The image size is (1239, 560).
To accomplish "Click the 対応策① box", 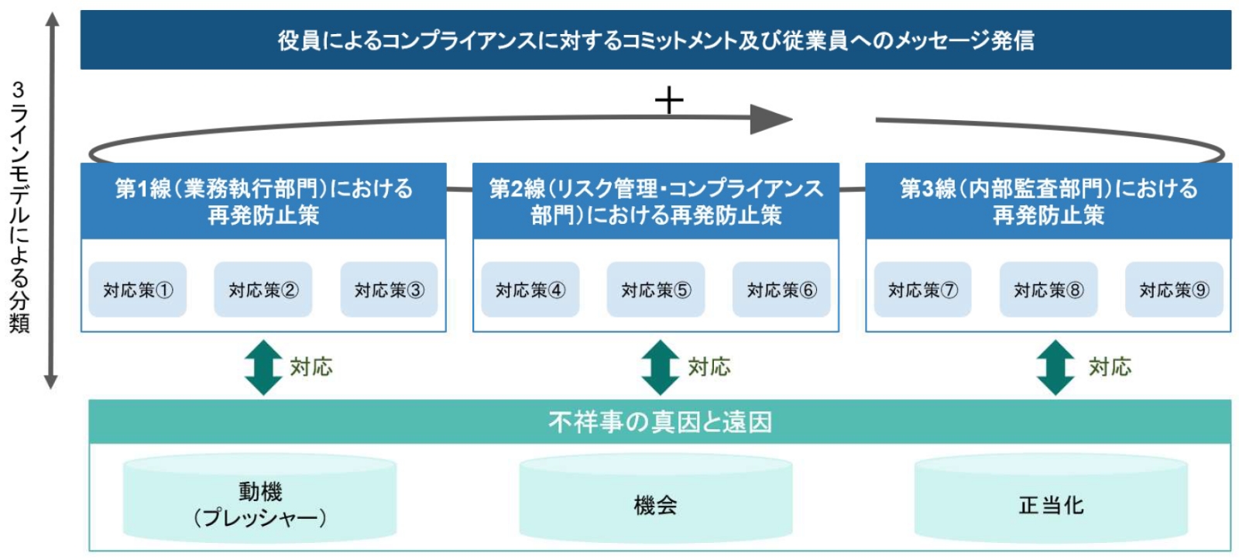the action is pyautogui.click(x=138, y=290).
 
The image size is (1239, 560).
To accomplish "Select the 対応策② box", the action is pyautogui.click(x=263, y=290).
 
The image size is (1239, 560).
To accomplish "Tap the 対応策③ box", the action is pyautogui.click(x=389, y=290).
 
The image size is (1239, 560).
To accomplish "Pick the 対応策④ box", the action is pyautogui.click(x=530, y=290).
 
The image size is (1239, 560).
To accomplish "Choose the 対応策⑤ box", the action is pyautogui.click(x=656, y=290).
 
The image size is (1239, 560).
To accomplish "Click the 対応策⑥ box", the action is pyautogui.click(x=781, y=290).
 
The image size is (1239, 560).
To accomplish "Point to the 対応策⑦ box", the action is pyautogui.click(x=922, y=290).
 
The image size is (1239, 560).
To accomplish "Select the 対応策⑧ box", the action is pyautogui.click(x=1049, y=290).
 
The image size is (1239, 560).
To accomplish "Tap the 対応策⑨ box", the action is pyautogui.click(x=1174, y=290).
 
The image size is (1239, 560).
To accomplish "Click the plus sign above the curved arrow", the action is pyautogui.click(x=669, y=100).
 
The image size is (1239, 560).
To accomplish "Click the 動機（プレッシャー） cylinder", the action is pyautogui.click(x=260, y=498).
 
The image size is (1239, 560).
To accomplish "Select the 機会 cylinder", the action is pyautogui.click(x=656, y=498).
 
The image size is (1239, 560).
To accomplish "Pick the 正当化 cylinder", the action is pyautogui.click(x=1051, y=498).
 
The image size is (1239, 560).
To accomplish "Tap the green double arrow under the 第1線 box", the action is pyautogui.click(x=263, y=367).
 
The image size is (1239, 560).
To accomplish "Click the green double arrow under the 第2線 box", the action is pyautogui.click(x=661, y=367).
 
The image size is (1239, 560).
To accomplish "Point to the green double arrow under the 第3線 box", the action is pyautogui.click(x=1055, y=367).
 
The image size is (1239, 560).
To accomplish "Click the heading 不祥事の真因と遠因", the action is pyautogui.click(x=661, y=422).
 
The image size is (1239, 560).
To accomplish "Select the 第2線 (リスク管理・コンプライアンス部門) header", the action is pyautogui.click(x=656, y=201).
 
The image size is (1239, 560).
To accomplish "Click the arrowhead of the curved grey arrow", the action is pyautogui.click(x=771, y=119).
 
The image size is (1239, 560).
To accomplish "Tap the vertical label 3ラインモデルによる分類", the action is pyautogui.click(x=19, y=207).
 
